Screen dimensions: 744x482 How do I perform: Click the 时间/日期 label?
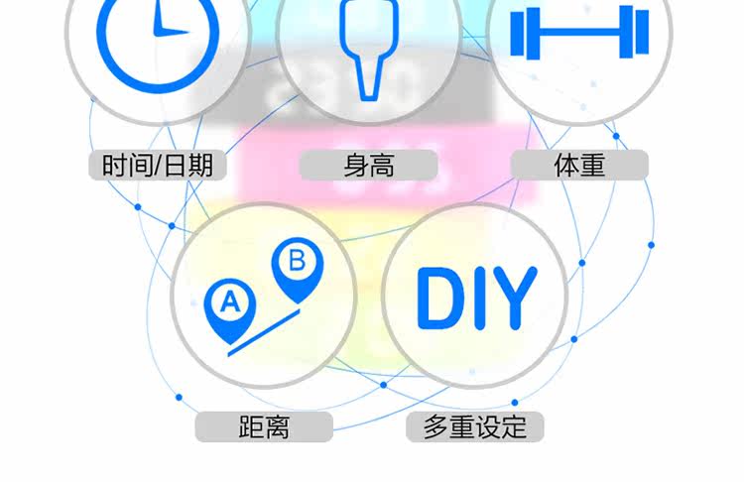click(158, 165)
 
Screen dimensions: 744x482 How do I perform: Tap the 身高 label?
click(369, 165)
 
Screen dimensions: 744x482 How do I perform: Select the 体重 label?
click(579, 165)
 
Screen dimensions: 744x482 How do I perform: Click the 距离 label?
click(264, 427)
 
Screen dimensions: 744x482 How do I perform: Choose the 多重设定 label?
click(475, 427)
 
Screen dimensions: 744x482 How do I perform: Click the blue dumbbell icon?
click(579, 33)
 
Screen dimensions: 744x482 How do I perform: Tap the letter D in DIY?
click(438, 297)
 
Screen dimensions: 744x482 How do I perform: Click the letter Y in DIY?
click(514, 297)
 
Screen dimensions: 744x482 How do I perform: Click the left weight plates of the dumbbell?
click(522, 33)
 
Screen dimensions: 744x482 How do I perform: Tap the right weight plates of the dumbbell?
click(636, 33)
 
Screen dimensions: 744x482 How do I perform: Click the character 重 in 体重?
click(592, 165)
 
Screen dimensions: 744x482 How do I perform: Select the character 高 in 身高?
click(382, 165)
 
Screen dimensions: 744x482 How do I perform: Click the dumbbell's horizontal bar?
click(579, 33)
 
